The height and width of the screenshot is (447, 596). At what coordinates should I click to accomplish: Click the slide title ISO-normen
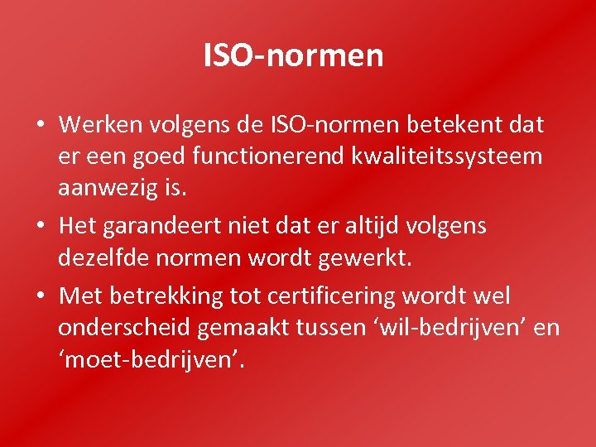[x=294, y=56]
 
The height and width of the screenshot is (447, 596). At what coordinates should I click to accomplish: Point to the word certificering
[x=344, y=296]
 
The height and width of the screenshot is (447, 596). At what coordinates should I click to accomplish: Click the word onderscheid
[x=124, y=328]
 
